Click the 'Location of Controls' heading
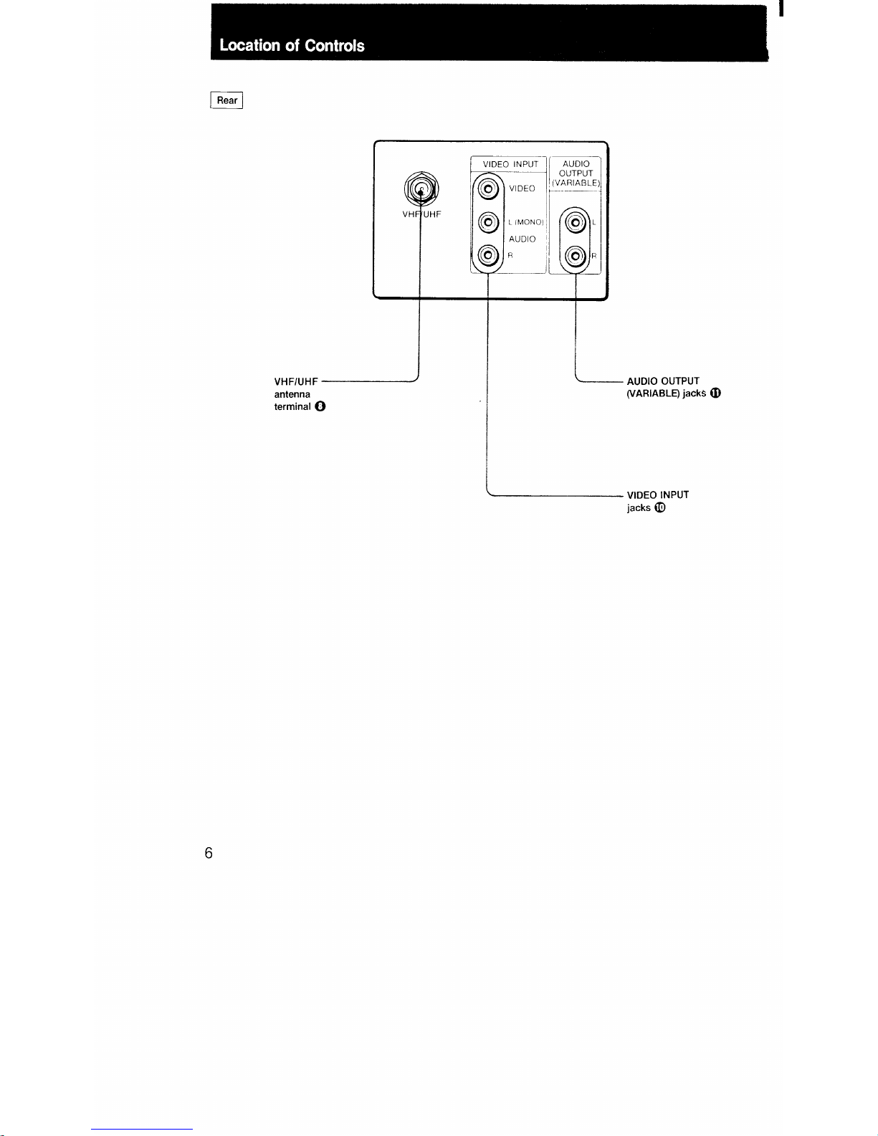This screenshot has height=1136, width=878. tap(292, 46)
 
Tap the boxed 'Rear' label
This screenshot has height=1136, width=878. tap(226, 100)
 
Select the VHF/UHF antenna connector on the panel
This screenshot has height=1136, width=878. tap(422, 189)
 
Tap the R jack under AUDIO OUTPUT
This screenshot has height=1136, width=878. tap(576, 255)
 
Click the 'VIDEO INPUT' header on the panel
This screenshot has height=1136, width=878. tap(510, 164)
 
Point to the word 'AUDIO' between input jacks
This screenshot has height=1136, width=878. tap(522, 239)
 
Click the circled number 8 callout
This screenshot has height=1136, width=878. tap(320, 406)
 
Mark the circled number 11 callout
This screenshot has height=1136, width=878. tap(715, 393)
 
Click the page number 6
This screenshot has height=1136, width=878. tap(209, 853)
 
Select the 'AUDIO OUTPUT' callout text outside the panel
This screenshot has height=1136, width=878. tap(663, 381)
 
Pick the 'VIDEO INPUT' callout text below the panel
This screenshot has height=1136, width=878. tap(658, 495)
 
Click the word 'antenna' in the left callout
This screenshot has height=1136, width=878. tap(292, 394)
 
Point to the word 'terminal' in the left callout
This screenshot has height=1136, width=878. tap(292, 406)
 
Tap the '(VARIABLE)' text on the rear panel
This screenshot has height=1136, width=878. tap(576, 183)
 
